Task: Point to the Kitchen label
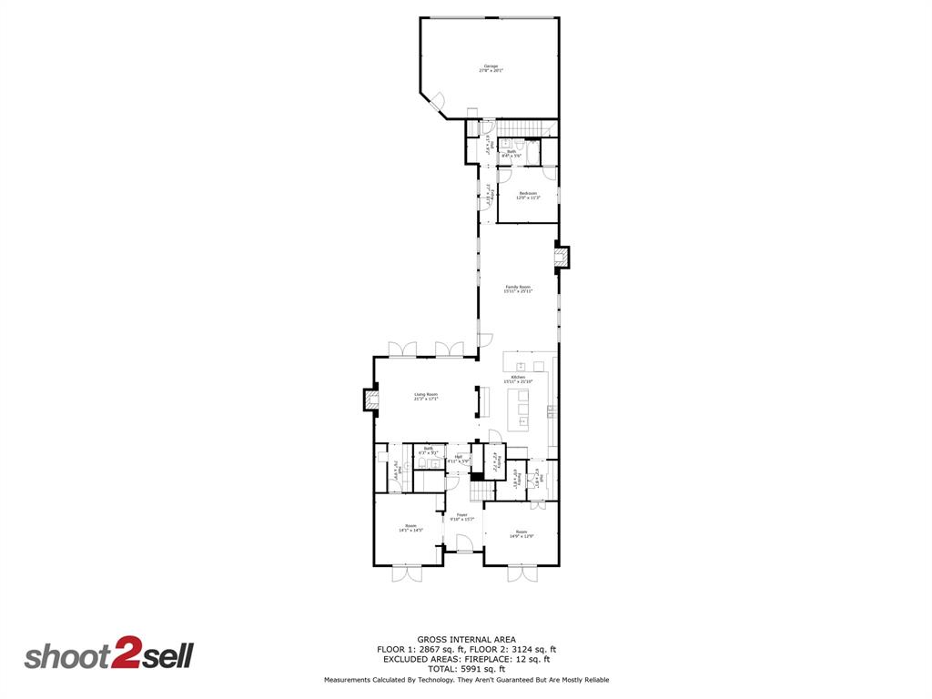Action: tap(518, 379)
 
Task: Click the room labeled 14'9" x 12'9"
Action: tap(522, 534)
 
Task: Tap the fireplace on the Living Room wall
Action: tap(370, 400)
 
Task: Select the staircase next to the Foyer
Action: tap(479, 491)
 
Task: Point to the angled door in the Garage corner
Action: tap(436, 102)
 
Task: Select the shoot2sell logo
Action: tap(108, 656)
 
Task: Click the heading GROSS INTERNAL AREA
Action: tap(466, 640)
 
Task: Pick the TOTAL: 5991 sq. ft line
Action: tap(466, 669)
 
